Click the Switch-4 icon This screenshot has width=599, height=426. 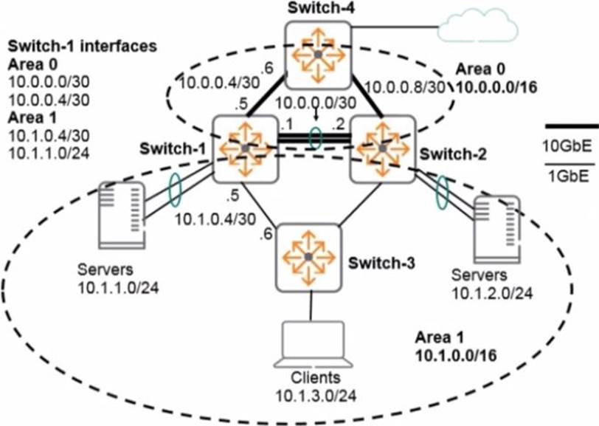[318, 55]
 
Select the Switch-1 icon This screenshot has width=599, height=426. [245, 148]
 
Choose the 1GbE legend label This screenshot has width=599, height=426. [571, 176]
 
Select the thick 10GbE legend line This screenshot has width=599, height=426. [571, 126]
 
